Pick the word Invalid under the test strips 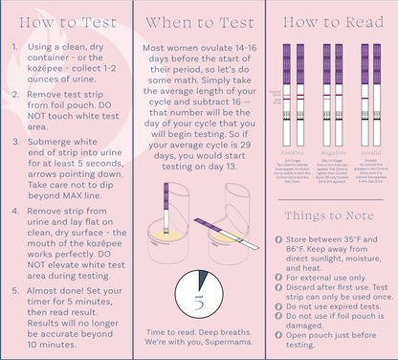(x=367, y=152)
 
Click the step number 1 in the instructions (x=13, y=48)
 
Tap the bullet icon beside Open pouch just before (x=278, y=334)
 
